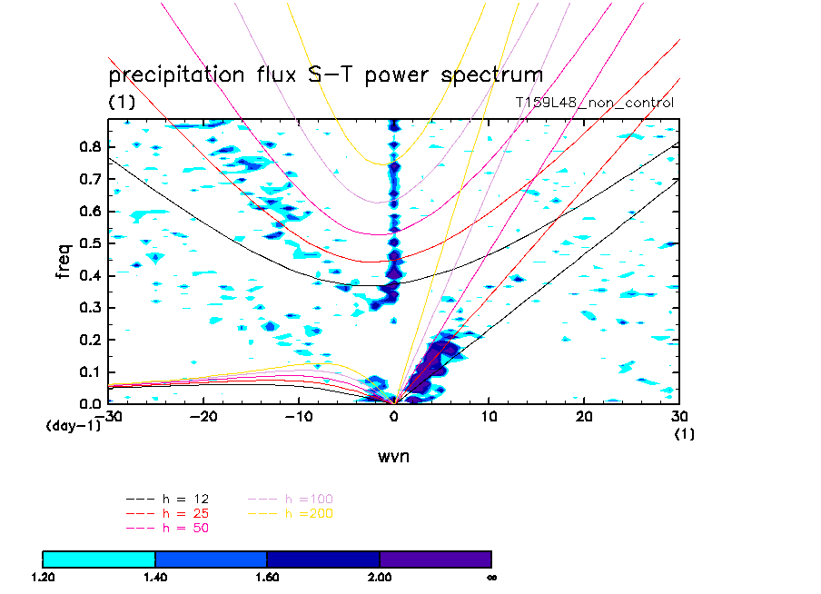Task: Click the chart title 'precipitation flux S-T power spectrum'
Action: (x=325, y=74)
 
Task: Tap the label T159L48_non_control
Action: (x=594, y=103)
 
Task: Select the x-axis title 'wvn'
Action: (x=393, y=456)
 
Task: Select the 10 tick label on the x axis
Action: (x=490, y=415)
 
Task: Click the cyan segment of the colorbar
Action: (x=99, y=559)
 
